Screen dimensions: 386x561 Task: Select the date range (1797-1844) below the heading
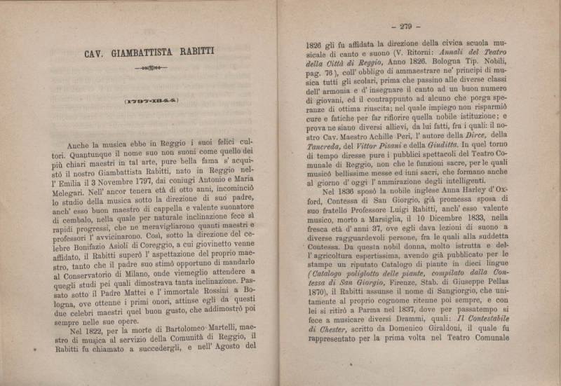(151, 101)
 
